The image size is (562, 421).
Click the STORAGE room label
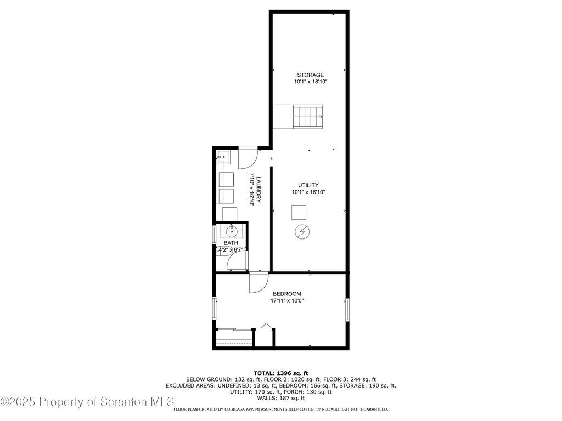[x=311, y=75]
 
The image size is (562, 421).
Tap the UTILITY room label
[x=308, y=185]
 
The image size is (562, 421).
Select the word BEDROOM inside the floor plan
[x=287, y=294]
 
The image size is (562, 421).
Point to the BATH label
[x=231, y=243]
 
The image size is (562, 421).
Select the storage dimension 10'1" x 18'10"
[x=311, y=82]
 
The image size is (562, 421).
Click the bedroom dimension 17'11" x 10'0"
[x=287, y=301]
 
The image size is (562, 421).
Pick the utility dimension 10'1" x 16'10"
[x=308, y=192]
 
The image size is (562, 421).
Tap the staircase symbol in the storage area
[x=308, y=117]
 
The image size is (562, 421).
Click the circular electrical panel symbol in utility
[x=302, y=232]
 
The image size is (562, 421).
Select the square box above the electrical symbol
[x=299, y=212]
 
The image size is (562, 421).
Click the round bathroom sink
[x=232, y=231]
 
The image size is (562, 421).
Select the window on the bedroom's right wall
[x=347, y=309]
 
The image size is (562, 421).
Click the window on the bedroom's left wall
[x=215, y=308]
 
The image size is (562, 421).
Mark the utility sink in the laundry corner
[x=223, y=157]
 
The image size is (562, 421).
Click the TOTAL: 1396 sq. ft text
[x=281, y=373]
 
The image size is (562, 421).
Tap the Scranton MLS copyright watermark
[x=87, y=402]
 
